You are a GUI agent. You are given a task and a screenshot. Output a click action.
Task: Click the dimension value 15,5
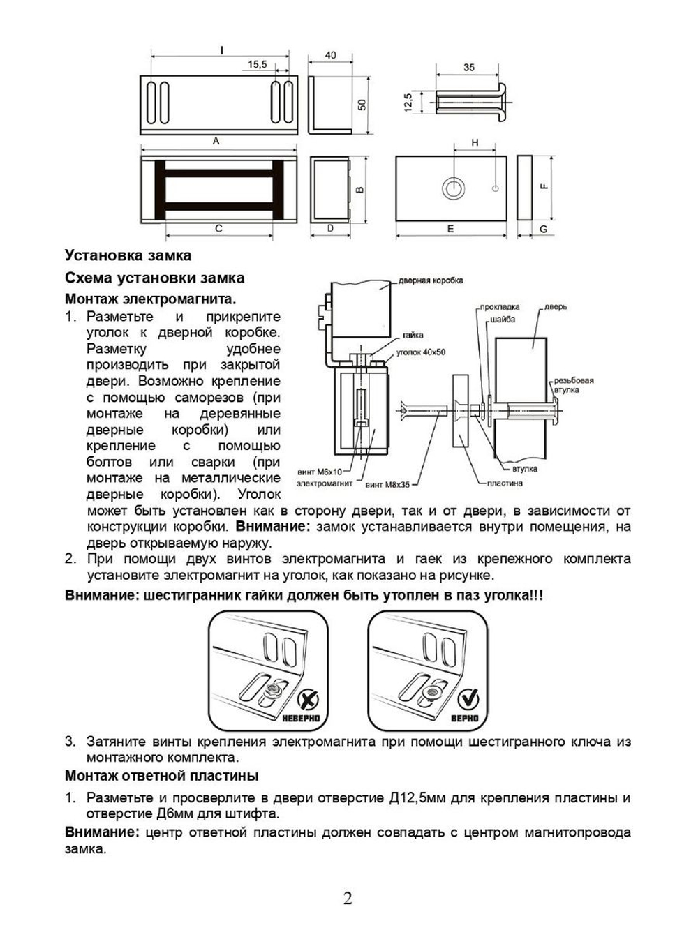(257, 64)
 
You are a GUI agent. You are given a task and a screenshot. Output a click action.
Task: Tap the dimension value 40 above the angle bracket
(330, 56)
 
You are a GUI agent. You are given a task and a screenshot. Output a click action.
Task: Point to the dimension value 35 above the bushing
(468, 68)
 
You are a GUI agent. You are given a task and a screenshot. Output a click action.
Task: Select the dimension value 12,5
(408, 102)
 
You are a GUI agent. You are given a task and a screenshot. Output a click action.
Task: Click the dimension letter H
(475, 142)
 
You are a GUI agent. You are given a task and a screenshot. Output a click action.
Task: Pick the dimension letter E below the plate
(450, 229)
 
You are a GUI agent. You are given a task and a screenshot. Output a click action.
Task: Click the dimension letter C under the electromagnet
(218, 228)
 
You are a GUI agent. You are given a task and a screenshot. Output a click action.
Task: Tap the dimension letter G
(544, 229)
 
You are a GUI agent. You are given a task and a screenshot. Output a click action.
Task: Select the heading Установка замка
(128, 255)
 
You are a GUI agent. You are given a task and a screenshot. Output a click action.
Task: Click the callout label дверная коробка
(431, 280)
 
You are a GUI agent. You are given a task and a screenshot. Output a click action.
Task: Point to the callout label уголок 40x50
(420, 352)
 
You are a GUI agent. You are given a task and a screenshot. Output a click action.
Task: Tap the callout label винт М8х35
(387, 483)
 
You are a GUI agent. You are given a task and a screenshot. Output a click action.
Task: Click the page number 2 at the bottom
(348, 898)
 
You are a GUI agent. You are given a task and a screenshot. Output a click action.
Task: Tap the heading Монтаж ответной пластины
(161, 776)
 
